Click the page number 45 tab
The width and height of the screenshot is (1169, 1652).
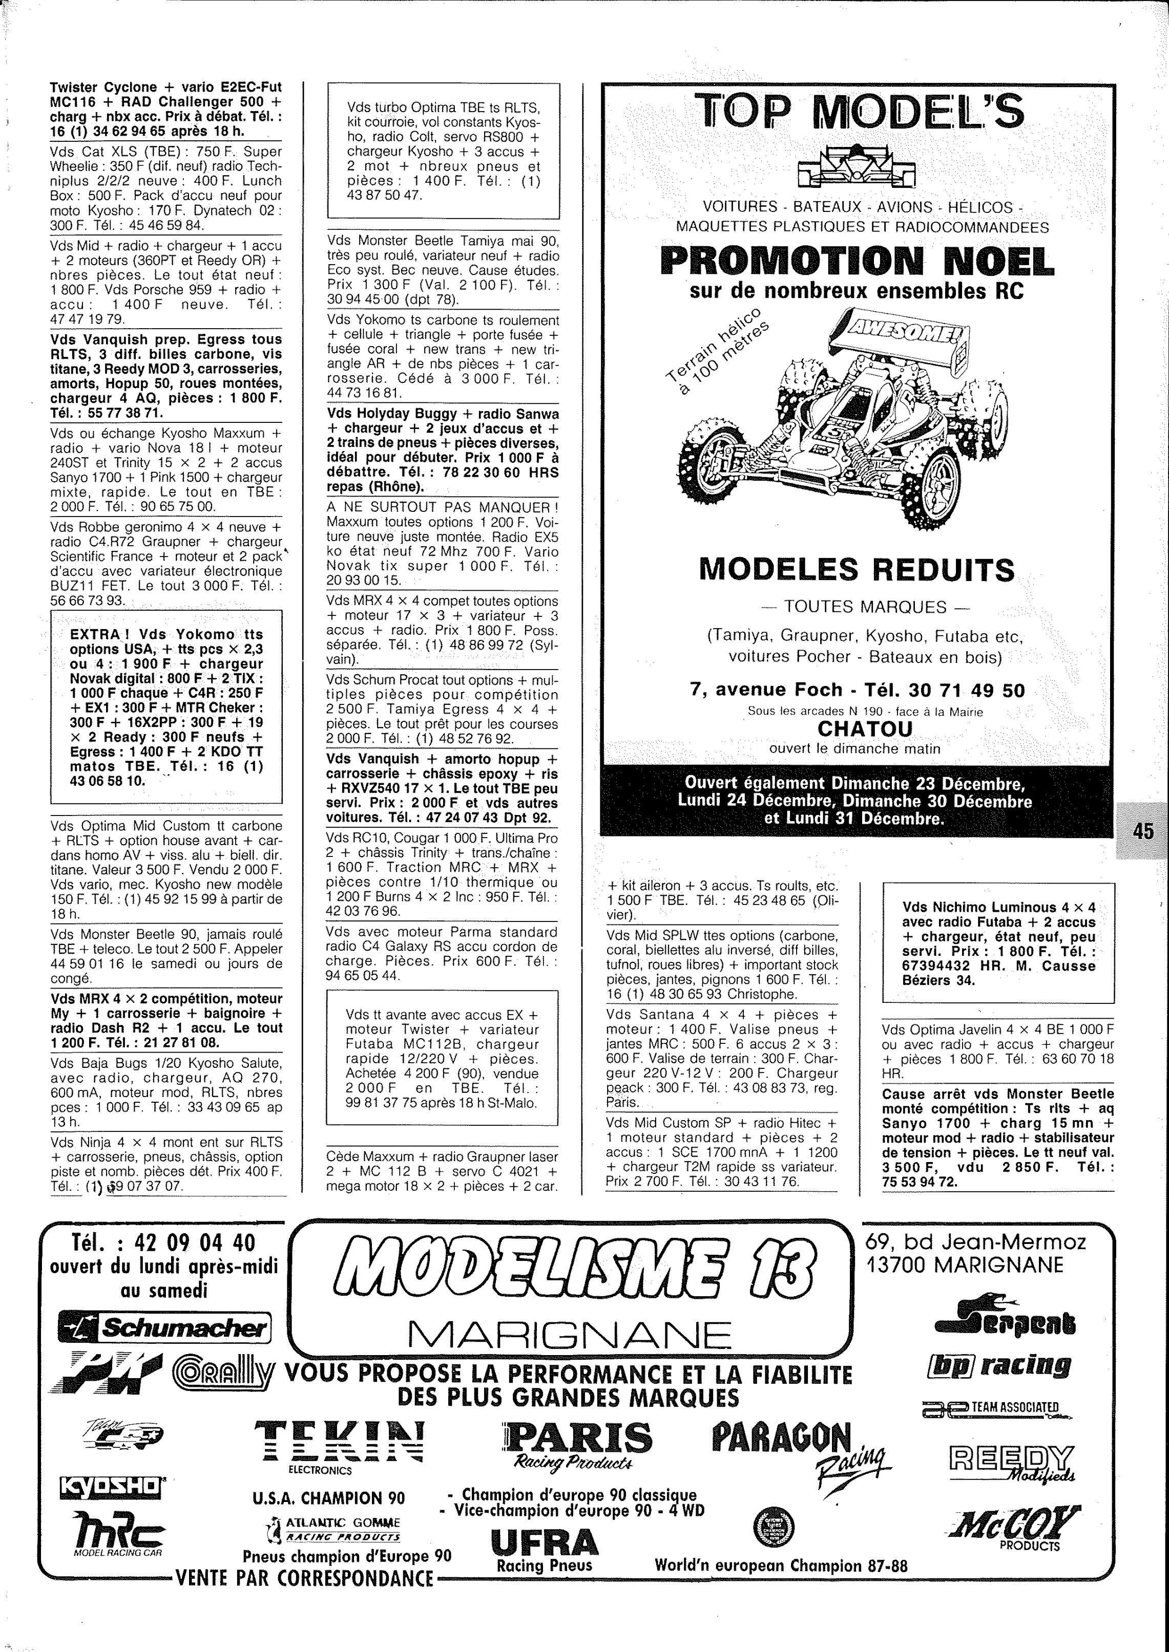pyautogui.click(x=1142, y=831)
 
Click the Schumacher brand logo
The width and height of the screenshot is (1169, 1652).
pyautogui.click(x=164, y=1327)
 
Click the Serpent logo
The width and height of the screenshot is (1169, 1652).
pyautogui.click(x=1006, y=1319)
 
